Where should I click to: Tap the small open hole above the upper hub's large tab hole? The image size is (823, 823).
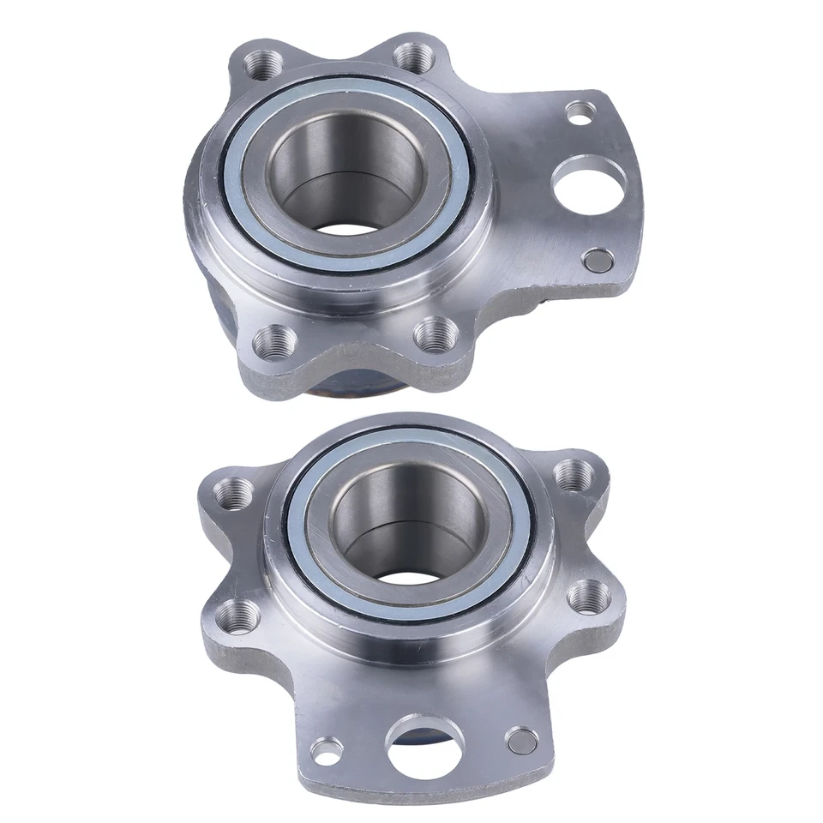(x=581, y=111)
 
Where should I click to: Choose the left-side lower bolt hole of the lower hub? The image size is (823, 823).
(x=237, y=613)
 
